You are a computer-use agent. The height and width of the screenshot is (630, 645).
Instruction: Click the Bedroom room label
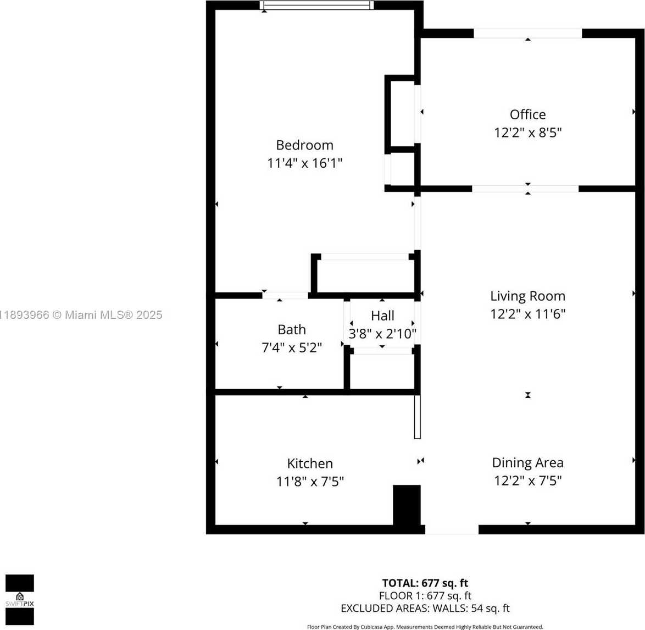point(304,145)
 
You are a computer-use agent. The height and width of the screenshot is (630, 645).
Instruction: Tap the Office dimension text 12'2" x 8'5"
point(528,132)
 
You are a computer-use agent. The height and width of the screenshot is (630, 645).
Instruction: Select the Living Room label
point(528,296)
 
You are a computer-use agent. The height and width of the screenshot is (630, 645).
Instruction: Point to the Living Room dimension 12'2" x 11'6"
point(528,314)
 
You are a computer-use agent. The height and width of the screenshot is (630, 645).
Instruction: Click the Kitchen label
point(310,463)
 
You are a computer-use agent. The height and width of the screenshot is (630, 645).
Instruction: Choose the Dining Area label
point(528,462)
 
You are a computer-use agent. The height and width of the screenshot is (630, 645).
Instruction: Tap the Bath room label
point(292,330)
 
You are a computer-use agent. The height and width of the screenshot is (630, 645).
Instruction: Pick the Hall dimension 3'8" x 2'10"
point(382,333)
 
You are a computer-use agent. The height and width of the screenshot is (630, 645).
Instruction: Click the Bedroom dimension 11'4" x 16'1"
point(304,163)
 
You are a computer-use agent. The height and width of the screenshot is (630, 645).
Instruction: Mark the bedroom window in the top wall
point(317,5)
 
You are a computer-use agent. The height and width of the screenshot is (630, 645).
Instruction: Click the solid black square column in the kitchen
point(407,505)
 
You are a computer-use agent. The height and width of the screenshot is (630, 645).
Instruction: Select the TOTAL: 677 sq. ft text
point(425,583)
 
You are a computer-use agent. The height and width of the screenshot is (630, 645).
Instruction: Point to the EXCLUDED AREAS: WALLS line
point(425,608)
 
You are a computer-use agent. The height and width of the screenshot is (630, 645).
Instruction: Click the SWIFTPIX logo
point(20,600)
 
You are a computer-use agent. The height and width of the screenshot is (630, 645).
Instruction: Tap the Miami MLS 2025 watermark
point(81,315)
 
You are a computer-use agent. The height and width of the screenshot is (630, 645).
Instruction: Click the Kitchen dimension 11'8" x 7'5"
point(310,481)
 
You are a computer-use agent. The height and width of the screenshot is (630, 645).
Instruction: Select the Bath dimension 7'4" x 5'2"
point(292,348)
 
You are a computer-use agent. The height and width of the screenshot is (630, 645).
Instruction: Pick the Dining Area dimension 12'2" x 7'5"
point(528,480)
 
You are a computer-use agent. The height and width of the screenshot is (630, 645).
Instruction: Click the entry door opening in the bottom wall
point(452,529)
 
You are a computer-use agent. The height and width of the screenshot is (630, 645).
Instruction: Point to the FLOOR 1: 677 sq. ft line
point(425,595)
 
